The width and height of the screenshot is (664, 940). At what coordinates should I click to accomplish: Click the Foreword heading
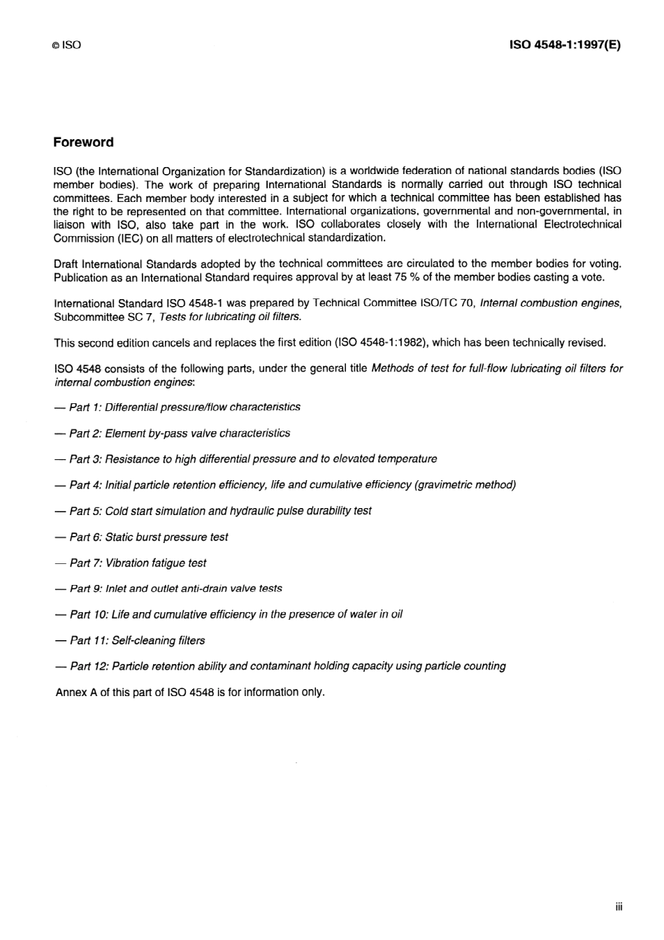[83, 143]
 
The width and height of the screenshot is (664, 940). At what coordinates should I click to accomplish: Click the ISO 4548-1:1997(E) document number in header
[565, 45]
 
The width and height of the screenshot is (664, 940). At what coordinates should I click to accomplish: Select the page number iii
[619, 907]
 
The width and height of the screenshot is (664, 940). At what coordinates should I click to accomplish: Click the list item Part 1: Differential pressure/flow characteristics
[185, 407]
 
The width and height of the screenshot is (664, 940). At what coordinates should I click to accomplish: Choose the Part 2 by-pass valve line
[179, 433]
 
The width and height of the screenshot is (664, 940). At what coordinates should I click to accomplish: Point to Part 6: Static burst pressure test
[148, 537]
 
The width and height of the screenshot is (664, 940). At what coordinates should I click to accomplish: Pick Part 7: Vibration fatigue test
[138, 563]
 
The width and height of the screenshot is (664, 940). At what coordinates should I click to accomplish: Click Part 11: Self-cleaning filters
[137, 640]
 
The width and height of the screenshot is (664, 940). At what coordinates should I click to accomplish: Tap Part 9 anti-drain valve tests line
[175, 588]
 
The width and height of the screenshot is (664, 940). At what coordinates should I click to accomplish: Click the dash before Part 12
[60, 666]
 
